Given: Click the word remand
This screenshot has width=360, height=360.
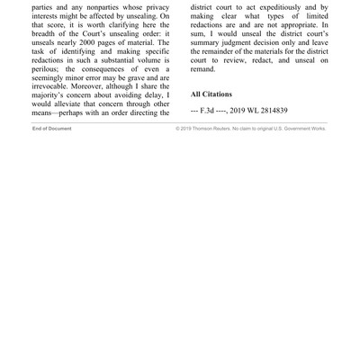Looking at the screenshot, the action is (x=203, y=68).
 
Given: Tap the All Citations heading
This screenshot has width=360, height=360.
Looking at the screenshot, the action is (x=211, y=94).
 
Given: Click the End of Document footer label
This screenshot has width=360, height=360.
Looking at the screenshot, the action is (x=52, y=129).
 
